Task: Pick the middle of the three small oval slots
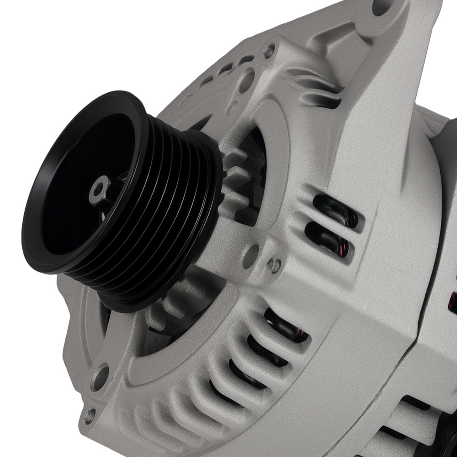click(226, 68)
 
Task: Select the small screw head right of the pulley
click(274, 264)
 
